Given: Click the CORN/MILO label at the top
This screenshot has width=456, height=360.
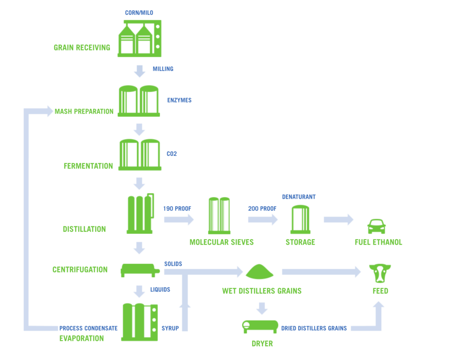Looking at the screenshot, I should (x=139, y=12).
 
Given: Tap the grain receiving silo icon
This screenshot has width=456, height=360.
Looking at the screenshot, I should (x=139, y=39).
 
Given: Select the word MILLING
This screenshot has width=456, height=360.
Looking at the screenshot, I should (x=163, y=69).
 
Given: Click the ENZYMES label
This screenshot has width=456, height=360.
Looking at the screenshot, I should (x=179, y=100).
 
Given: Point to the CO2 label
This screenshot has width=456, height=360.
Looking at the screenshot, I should (x=172, y=154).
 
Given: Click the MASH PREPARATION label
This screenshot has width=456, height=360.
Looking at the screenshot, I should (x=84, y=111).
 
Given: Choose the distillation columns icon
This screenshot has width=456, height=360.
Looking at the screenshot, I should (x=140, y=213).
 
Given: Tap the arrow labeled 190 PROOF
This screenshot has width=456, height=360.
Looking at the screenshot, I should (x=179, y=219).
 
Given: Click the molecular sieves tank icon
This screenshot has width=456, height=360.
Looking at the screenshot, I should (x=219, y=215).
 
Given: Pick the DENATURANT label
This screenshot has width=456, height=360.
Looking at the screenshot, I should (x=299, y=197).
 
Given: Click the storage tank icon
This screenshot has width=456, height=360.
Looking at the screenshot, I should (x=300, y=219).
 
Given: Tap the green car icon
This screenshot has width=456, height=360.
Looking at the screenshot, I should (x=376, y=226).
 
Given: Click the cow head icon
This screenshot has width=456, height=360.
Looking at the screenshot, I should (x=380, y=273).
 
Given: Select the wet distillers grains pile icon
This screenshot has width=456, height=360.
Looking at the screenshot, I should (x=262, y=271).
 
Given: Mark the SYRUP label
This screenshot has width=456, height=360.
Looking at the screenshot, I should (x=170, y=328).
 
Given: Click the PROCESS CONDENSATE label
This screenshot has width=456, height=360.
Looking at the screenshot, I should (x=89, y=328).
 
